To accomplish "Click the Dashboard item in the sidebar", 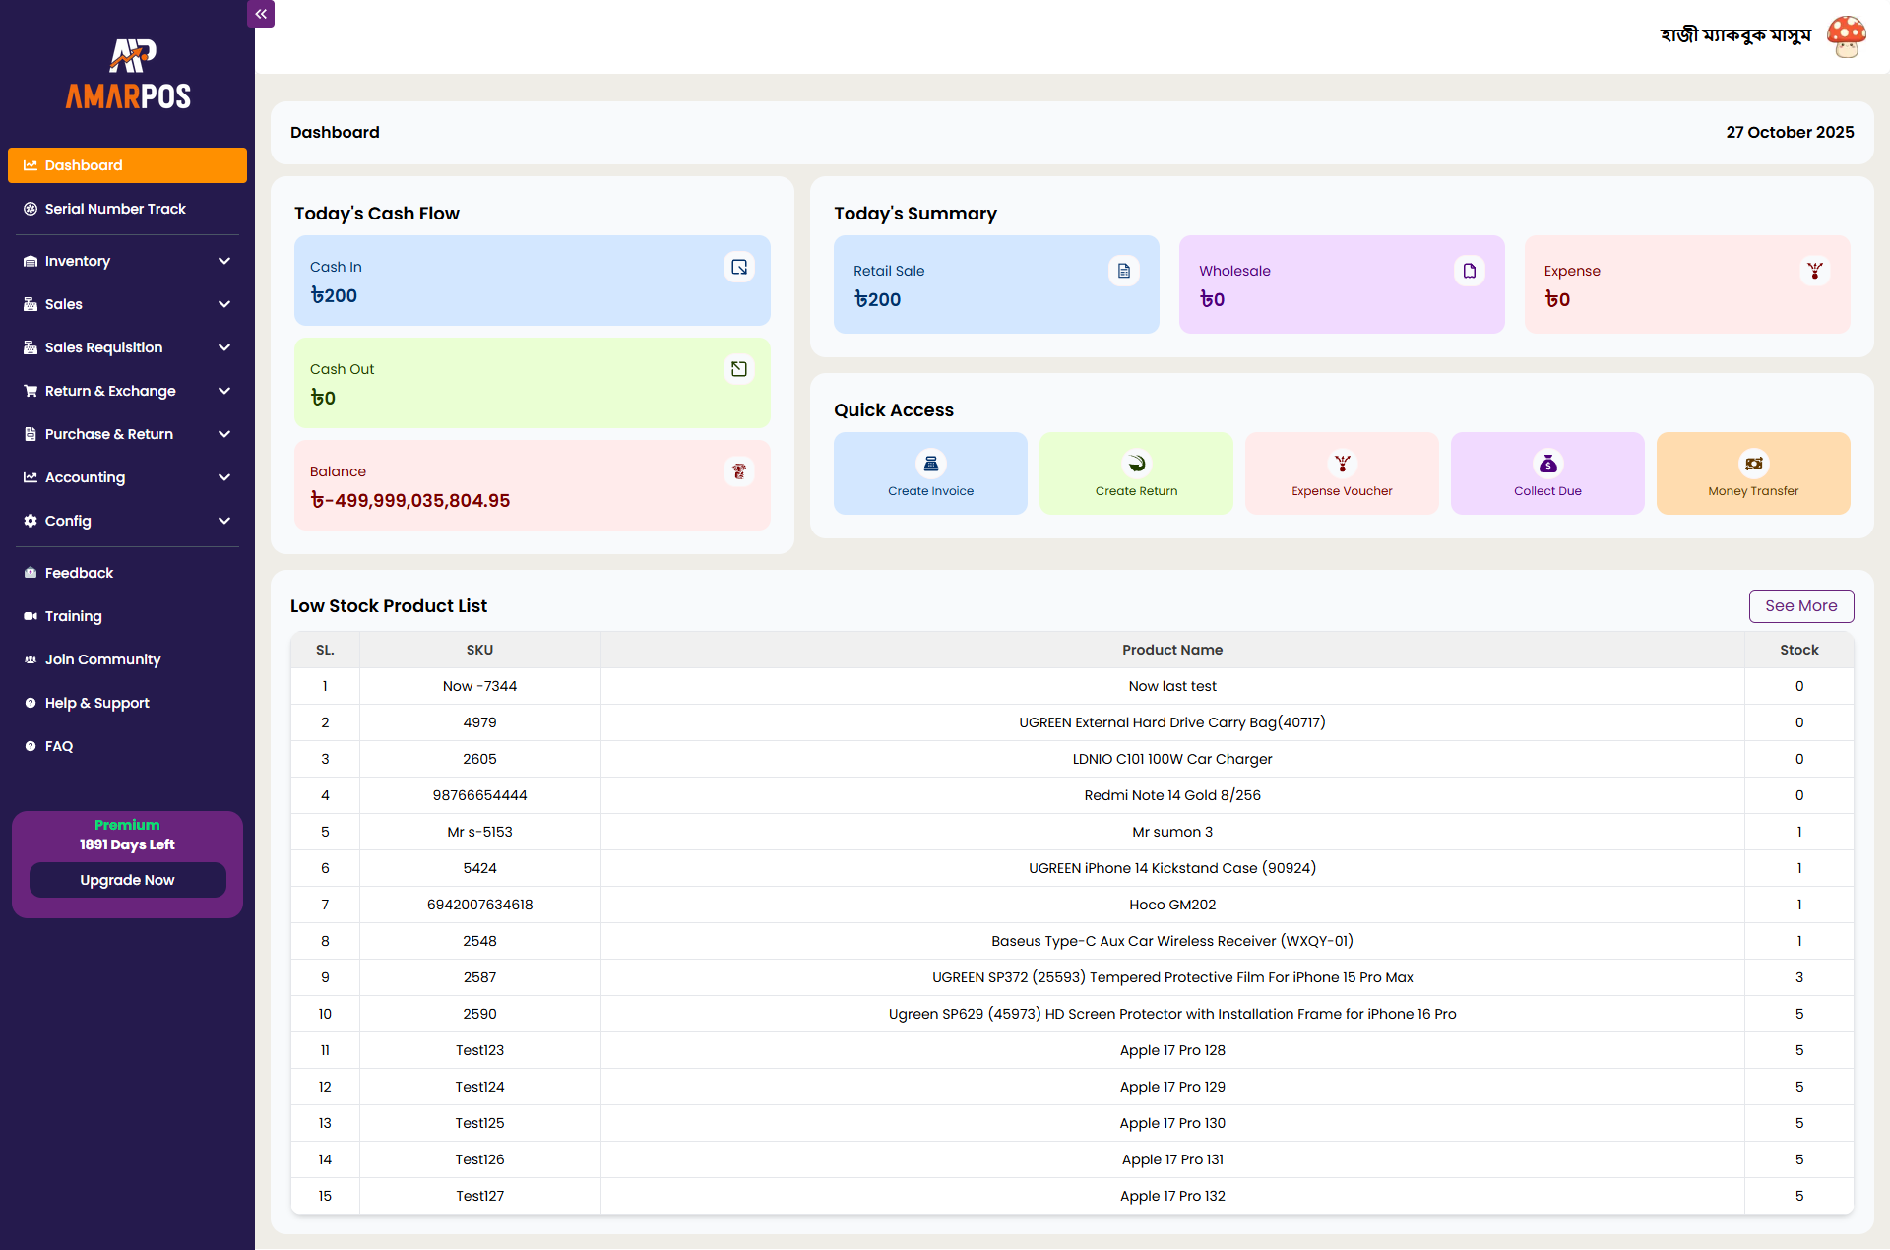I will [x=127, y=165].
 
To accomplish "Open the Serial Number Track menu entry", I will [x=115, y=209].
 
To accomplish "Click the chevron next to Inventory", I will [x=224, y=261].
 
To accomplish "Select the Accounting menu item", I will [x=85, y=477].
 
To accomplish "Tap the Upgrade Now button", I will [x=127, y=880].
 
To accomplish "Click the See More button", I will [x=1800, y=606].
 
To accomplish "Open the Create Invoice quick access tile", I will [x=930, y=473].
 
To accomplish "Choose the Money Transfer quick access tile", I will [x=1752, y=473].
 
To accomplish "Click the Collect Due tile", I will [x=1546, y=473].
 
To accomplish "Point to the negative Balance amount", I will [x=410, y=501].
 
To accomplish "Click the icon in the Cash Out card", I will [x=738, y=369].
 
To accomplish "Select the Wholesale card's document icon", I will [x=1469, y=271].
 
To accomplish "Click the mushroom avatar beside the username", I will [x=1846, y=36].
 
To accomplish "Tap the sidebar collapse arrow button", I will [x=261, y=14].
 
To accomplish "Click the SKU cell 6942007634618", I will [x=479, y=905].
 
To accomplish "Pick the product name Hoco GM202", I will [x=1171, y=905].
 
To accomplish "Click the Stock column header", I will [x=1798, y=650].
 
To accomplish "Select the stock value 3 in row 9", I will [x=1798, y=977].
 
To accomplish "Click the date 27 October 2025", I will [x=1789, y=132].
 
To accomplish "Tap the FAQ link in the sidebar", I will [x=59, y=746].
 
